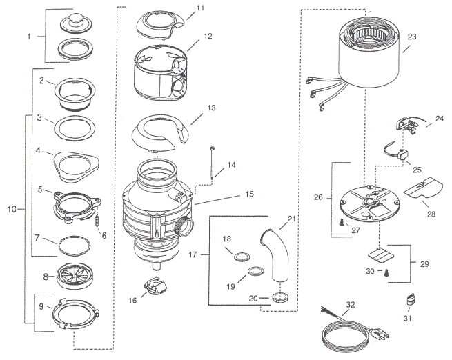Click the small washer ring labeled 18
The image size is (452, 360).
coord(242,257)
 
